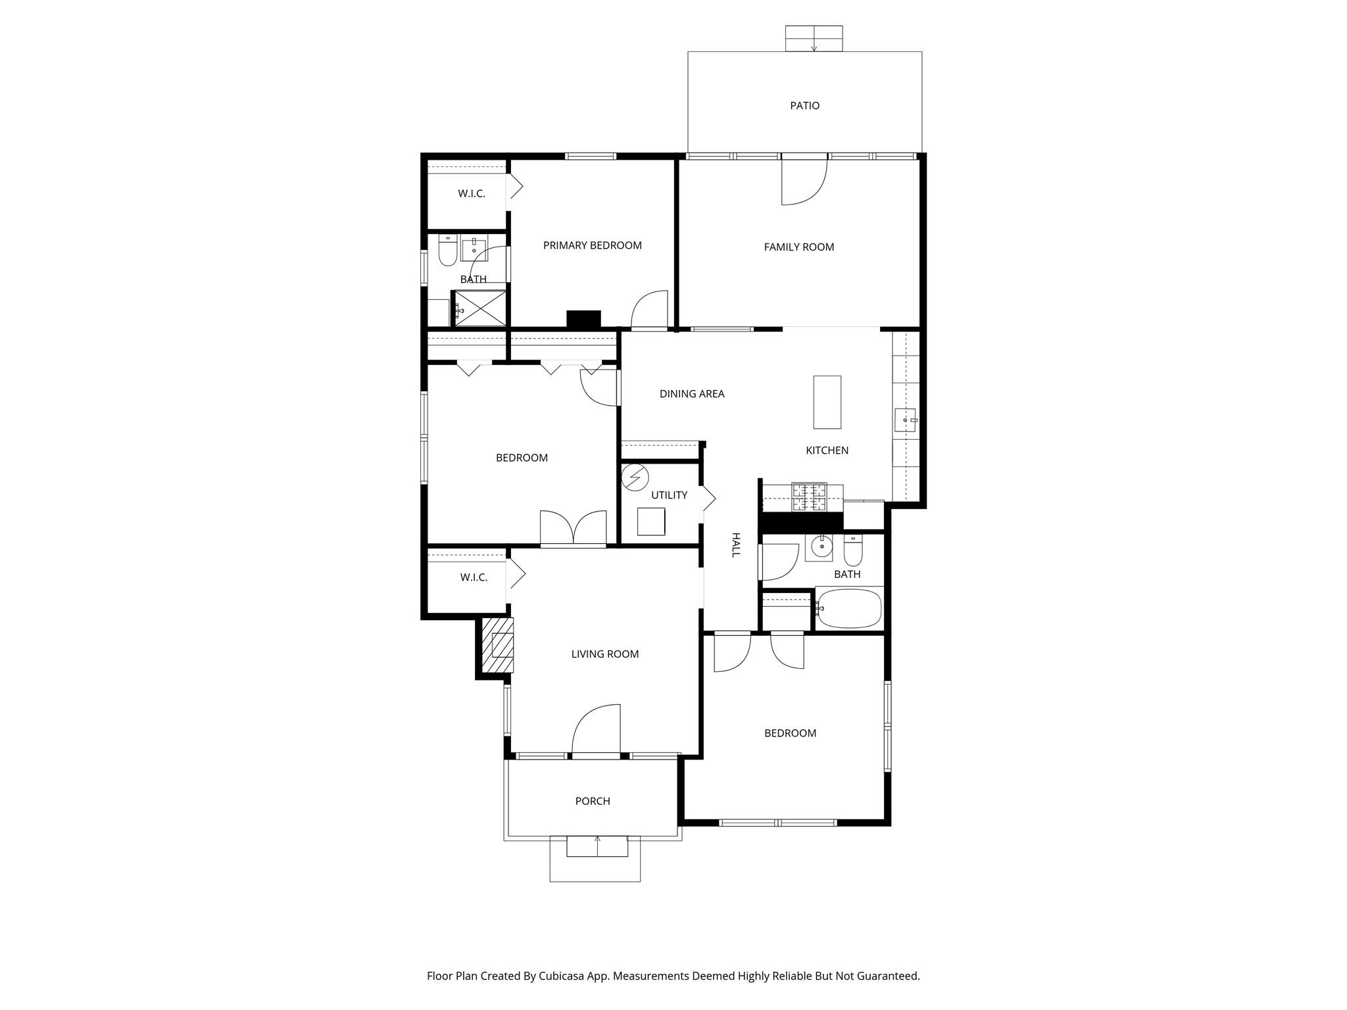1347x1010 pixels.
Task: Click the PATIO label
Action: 804,106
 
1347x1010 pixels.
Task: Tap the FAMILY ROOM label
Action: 798,247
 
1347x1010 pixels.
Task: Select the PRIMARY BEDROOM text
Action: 592,245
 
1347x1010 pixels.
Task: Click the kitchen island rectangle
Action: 827,402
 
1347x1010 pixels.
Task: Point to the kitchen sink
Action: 905,420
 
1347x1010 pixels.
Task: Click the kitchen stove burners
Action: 809,497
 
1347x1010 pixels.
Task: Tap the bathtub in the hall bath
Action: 849,608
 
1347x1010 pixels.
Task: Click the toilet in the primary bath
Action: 447,251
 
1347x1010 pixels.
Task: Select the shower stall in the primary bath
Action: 480,308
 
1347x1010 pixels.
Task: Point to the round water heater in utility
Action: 635,477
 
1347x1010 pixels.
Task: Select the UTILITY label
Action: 669,495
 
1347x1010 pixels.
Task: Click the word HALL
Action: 735,545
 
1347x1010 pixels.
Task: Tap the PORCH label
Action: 593,801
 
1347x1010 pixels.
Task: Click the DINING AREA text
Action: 692,394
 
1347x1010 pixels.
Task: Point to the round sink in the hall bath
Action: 821,546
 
